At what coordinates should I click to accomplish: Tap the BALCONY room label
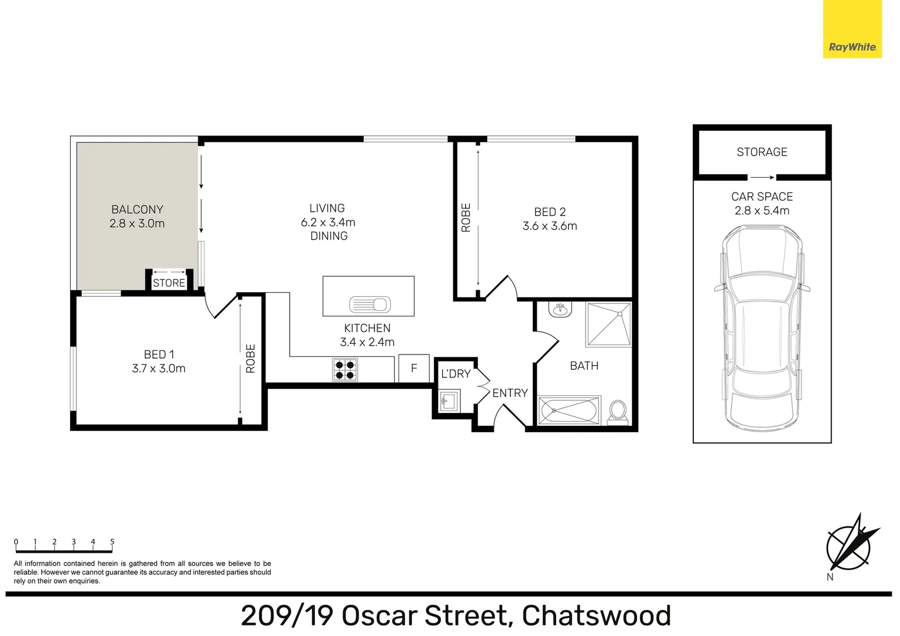click(x=137, y=210)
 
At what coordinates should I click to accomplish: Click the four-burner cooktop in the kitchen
click(x=345, y=369)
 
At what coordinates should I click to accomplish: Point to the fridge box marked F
click(x=414, y=369)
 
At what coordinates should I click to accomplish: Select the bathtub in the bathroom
click(x=569, y=410)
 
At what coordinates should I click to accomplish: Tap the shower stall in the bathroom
click(x=608, y=324)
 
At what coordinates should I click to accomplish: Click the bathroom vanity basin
click(x=560, y=309)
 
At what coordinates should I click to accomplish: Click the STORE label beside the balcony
click(x=169, y=283)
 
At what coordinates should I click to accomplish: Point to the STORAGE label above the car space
click(x=762, y=152)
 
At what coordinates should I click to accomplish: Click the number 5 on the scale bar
click(x=112, y=542)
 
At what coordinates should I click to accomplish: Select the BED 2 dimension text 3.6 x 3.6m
click(x=550, y=226)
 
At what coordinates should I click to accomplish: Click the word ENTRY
click(x=510, y=393)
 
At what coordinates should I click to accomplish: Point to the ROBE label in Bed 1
click(x=251, y=359)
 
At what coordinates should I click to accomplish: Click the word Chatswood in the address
click(x=596, y=616)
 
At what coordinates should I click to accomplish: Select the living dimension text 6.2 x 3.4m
click(x=328, y=223)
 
